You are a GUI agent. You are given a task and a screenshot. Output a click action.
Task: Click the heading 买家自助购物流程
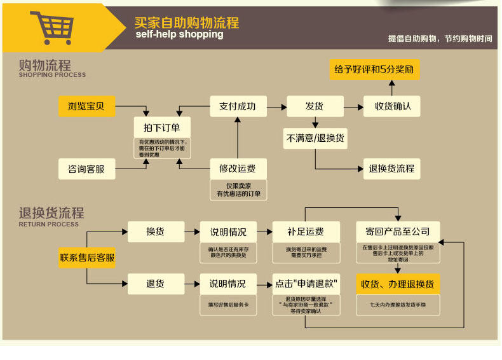[187, 22]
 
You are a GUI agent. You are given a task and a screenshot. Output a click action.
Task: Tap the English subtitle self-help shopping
[179, 34]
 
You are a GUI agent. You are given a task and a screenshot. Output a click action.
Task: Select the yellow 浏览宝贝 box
[87, 106]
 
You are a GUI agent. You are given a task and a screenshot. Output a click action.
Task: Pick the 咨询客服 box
[87, 169]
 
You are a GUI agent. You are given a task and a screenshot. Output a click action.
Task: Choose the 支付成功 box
[238, 106]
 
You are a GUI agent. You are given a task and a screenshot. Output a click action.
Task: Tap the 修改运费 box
[238, 169]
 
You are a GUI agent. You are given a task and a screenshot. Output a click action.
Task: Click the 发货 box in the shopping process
[315, 106]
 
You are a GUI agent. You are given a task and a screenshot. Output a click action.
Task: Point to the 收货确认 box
[392, 106]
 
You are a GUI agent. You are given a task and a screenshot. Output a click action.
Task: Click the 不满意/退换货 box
[315, 138]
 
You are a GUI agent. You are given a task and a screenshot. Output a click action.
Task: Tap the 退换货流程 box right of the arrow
[391, 169]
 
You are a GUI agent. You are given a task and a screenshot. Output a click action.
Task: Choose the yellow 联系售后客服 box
[87, 258]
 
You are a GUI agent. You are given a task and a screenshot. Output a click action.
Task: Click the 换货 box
[156, 232]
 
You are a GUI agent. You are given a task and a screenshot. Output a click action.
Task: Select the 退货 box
[156, 284]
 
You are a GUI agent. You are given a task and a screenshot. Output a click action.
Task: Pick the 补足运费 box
[306, 232]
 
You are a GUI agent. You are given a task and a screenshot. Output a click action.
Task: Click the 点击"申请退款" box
[306, 284]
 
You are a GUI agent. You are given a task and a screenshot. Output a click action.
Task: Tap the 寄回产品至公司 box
[397, 232]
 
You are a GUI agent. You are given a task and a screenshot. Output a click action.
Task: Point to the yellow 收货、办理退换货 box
[397, 284]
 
